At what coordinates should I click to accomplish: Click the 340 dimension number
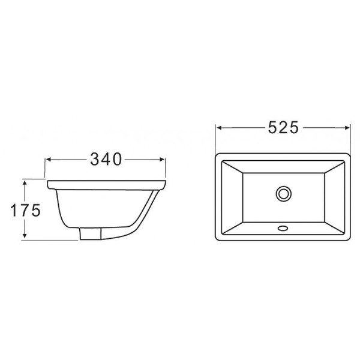[x=106, y=159]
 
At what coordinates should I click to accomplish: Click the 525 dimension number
[x=283, y=128]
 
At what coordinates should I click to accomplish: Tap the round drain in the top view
[x=283, y=193]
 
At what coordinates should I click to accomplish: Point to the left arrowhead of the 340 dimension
[x=49, y=159]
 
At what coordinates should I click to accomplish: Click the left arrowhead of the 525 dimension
[x=219, y=128]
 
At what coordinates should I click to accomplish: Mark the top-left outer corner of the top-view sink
[x=217, y=152]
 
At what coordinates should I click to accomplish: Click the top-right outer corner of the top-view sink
[x=349, y=152]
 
